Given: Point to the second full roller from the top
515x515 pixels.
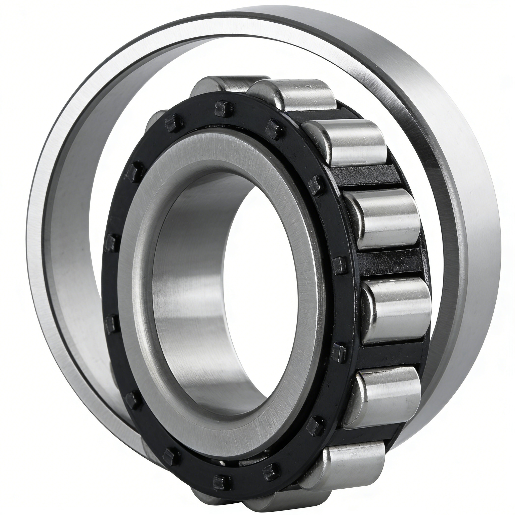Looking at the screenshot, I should [x=355, y=144].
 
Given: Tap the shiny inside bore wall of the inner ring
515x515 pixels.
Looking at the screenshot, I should [x=187, y=293].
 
